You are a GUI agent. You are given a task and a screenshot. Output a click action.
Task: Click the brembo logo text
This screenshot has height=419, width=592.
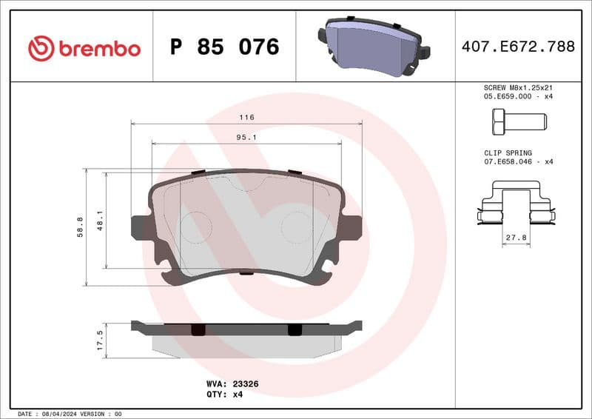coord(98,49)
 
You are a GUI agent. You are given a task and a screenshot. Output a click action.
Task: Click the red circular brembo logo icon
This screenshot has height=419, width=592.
coord(41,49)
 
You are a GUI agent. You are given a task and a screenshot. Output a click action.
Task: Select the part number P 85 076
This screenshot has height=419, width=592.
coord(224,47)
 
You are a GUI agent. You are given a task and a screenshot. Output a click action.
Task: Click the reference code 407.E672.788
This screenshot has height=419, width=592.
coord(518,47)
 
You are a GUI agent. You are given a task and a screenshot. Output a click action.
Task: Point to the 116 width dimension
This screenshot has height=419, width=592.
coord(246,118)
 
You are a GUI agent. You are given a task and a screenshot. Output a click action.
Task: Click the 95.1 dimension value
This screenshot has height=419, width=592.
coord(246,137)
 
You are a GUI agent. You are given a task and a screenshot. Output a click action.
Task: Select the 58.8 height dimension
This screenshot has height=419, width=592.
coord(80,227)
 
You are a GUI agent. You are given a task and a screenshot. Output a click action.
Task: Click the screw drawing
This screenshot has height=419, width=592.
coord(517,120)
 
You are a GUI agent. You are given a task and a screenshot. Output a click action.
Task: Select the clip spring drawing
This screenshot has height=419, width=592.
coord(515,207)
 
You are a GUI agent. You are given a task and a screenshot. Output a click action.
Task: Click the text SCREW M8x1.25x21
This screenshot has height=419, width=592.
coord(517,87)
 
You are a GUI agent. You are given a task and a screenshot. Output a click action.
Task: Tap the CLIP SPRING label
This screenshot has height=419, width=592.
coord(508,152)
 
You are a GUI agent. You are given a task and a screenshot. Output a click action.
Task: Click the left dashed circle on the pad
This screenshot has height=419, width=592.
coord(196,225)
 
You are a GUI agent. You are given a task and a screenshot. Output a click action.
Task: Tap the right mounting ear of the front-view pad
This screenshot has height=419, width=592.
coord(351,225)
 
